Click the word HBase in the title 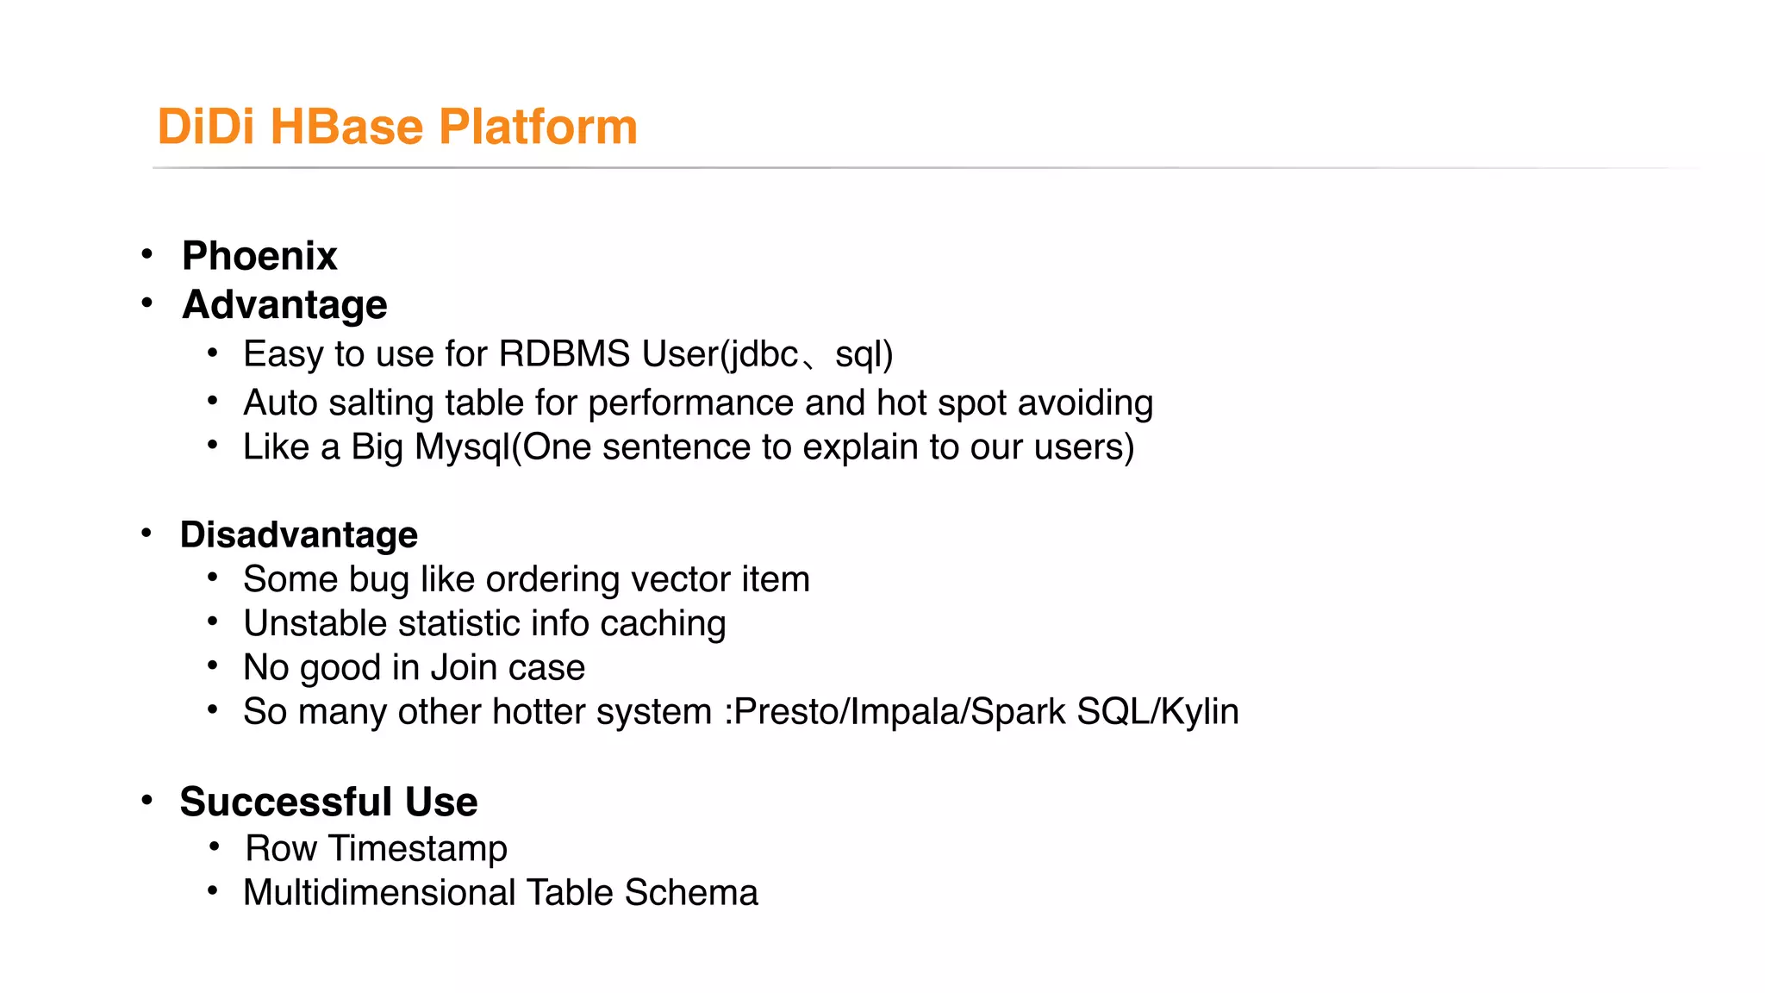346,127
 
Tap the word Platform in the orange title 538,127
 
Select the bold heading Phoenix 259,256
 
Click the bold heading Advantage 284,304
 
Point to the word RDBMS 564,354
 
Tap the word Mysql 462,447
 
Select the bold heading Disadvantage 298,534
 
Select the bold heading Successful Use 328,802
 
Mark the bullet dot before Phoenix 147,254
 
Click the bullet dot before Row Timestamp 214,846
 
